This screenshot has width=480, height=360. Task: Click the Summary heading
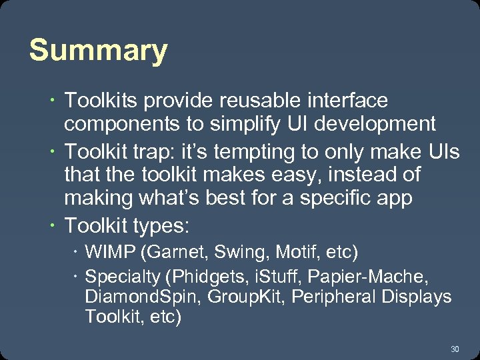pyautogui.click(x=98, y=51)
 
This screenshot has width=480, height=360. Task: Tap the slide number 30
pyautogui.click(x=455, y=349)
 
